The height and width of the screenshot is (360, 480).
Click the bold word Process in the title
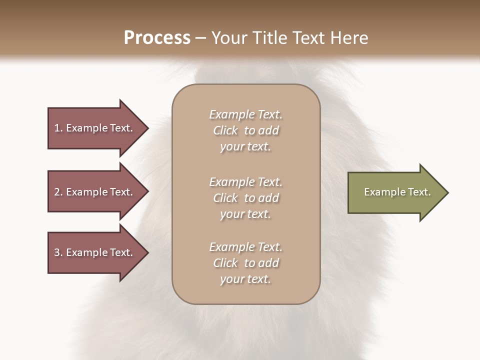coord(157,37)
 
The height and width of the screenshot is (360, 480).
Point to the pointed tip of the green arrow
coord(447,192)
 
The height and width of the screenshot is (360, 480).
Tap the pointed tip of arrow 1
coord(147,128)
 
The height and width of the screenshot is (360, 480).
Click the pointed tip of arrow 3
coord(147,252)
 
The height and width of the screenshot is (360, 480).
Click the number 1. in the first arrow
coord(58,128)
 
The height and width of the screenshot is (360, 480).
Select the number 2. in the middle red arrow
coord(58,192)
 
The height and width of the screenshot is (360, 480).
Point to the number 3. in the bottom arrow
coord(58,252)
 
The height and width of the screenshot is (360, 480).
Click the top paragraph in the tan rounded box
coord(245,130)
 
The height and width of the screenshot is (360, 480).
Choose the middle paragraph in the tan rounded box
coord(245,198)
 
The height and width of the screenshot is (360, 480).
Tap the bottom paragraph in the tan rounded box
coord(245,263)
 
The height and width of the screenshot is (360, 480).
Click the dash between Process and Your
coord(200,38)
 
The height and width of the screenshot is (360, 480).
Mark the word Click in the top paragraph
coord(225,130)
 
